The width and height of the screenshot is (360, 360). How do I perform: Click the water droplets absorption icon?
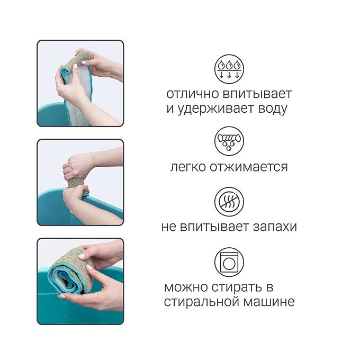(229, 69)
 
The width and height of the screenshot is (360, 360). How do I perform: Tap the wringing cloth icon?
(229, 141)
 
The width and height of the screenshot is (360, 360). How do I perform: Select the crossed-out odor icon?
(229, 202)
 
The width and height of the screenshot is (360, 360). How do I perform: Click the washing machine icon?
(229, 262)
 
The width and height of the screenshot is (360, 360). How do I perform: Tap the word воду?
(273, 109)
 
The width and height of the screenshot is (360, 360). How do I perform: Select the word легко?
(188, 167)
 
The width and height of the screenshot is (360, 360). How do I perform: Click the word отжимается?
(248, 167)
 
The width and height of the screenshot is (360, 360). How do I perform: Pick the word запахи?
(275, 227)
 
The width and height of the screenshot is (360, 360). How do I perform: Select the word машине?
(269, 302)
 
